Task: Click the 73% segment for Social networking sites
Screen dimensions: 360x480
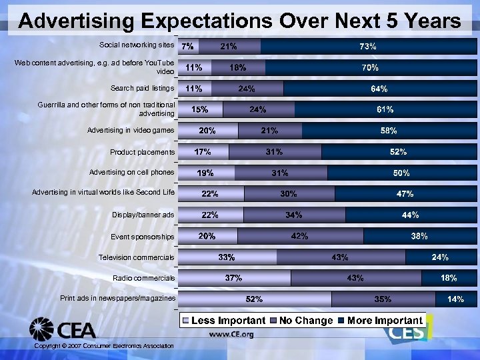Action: coord(369,47)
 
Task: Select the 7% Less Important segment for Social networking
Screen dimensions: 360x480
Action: coord(189,47)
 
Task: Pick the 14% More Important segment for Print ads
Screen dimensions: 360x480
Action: coord(456,299)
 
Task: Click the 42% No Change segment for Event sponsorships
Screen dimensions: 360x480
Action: coord(300,236)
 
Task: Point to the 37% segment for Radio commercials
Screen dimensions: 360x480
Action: coord(234,278)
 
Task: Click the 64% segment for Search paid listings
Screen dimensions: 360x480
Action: coord(380,89)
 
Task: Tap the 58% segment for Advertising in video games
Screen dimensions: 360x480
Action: coord(389,131)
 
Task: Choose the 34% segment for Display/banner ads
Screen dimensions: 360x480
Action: coord(294,215)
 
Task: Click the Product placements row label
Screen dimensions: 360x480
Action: coord(142,153)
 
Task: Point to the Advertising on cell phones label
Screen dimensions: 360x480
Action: coord(131,173)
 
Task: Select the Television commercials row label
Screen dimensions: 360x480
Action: coord(136,257)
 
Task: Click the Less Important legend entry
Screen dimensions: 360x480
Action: coord(224,321)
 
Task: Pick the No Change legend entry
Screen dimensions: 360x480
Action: coord(301,321)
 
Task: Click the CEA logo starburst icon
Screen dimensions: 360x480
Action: coord(41,329)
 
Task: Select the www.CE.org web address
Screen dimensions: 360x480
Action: coord(231,335)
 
